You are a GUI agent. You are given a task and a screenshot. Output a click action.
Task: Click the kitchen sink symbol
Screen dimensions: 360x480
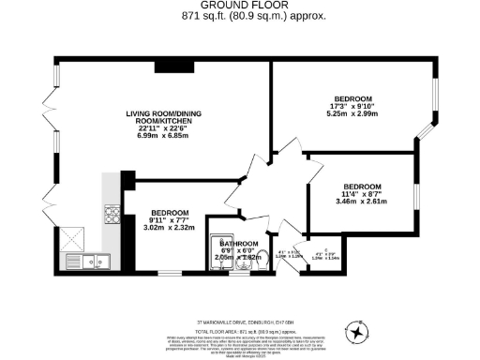tap(97, 260)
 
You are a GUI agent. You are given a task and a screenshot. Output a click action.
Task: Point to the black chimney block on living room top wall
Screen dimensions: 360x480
tap(169, 65)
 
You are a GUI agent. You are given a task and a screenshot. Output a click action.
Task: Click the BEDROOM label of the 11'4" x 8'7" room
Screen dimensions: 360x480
tap(361, 186)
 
